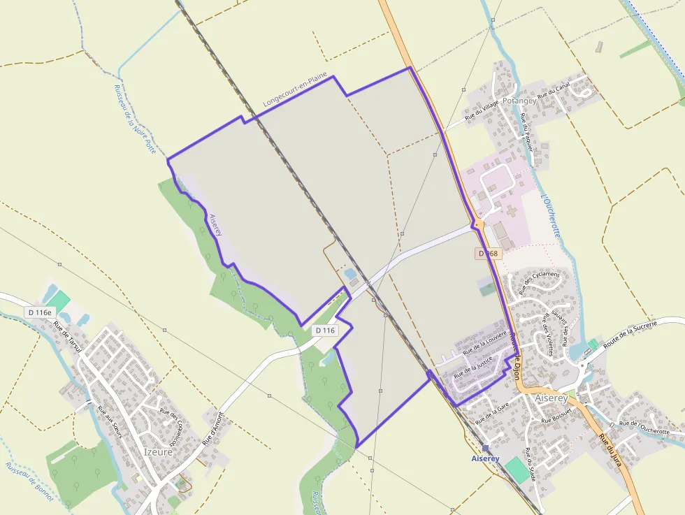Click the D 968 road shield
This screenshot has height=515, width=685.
click(x=489, y=254)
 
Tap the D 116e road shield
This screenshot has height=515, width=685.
click(x=41, y=312)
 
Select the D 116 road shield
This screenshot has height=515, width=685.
click(x=325, y=330)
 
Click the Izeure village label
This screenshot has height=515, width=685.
click(x=159, y=451)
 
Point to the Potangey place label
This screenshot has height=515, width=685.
click(x=519, y=101)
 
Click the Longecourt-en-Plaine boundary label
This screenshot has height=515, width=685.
click(x=295, y=92)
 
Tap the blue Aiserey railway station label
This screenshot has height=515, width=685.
click(x=485, y=459)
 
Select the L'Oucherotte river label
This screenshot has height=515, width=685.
click(x=551, y=216)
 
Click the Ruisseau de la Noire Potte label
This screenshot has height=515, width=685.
click(x=134, y=119)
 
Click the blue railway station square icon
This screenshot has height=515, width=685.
click(x=485, y=448)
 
